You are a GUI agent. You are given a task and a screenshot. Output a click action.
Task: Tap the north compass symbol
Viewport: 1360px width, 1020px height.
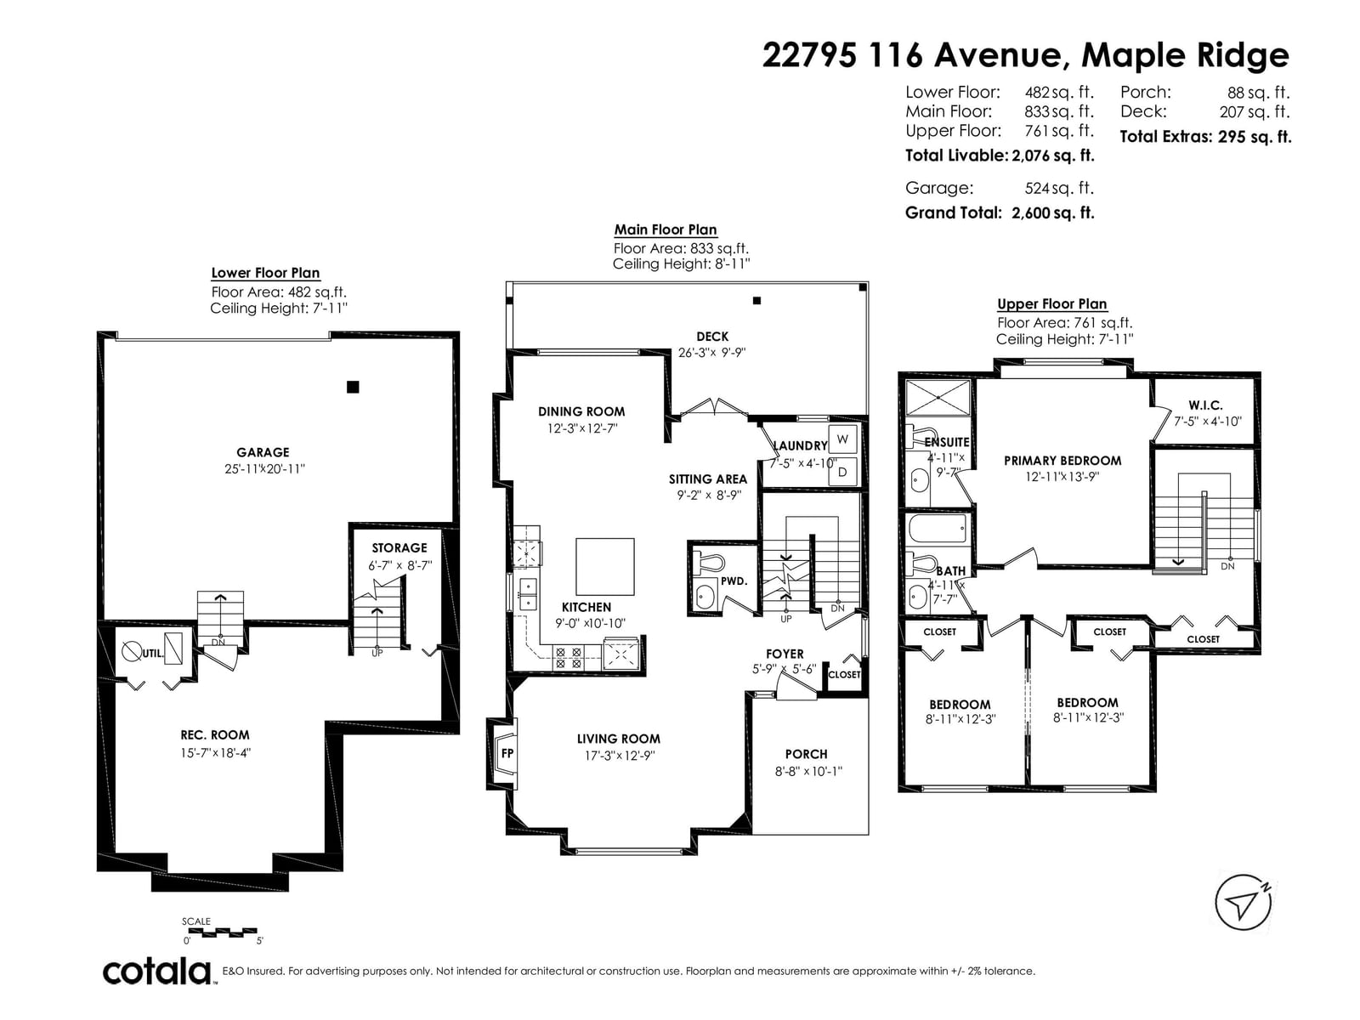click(1243, 903)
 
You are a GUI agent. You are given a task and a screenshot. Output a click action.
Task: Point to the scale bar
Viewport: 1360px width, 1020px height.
click(219, 932)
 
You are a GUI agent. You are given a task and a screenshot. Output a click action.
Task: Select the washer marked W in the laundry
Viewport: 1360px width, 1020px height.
click(842, 439)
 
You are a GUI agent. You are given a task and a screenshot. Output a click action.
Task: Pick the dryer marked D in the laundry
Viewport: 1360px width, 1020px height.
click(842, 472)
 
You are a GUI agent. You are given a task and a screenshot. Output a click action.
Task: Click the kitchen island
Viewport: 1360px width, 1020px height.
click(604, 567)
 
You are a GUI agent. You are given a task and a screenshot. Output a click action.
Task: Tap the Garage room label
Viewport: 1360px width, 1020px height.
click(263, 452)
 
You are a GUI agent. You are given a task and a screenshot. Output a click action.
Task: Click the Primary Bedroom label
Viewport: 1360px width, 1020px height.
click(1062, 461)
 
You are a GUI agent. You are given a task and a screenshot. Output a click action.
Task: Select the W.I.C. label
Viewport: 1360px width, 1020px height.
click(1205, 405)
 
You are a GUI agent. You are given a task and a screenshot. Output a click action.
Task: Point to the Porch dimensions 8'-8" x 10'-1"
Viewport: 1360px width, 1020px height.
click(808, 771)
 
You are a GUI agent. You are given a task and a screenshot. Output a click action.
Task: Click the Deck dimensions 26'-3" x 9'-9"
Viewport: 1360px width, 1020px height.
click(712, 353)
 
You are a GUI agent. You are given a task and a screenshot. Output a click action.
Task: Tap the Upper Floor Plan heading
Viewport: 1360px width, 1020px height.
click(1051, 304)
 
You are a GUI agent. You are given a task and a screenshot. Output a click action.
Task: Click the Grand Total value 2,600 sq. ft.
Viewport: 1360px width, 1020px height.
click(1052, 213)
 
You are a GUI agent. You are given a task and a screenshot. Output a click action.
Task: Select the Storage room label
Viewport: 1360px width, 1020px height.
click(399, 547)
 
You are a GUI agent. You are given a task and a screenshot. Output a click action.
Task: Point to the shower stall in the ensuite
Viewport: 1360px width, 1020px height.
click(938, 397)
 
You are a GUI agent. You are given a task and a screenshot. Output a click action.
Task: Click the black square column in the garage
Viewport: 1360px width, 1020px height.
click(353, 387)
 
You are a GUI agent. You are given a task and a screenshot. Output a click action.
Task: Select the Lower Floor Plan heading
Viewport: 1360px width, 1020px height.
click(265, 273)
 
